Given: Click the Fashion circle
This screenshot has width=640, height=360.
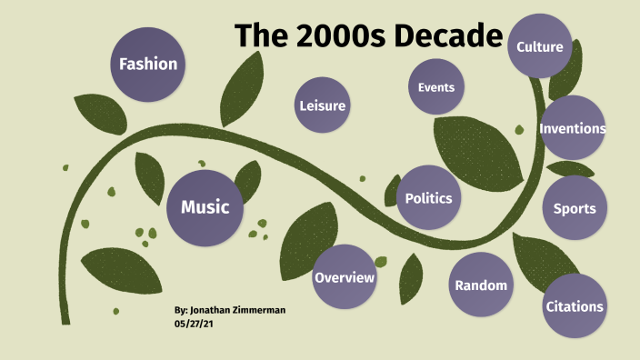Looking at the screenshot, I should click(x=148, y=65).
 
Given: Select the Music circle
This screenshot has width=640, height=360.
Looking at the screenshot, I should click(x=205, y=207).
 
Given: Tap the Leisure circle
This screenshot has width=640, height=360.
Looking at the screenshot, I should click(x=323, y=106).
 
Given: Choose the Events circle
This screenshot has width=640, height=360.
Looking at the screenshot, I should click(x=436, y=87).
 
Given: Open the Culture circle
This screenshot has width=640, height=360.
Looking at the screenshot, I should click(x=540, y=47).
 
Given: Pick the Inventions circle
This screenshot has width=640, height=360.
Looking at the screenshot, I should click(x=573, y=128).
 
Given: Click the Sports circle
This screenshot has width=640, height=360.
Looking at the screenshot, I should click(x=575, y=208).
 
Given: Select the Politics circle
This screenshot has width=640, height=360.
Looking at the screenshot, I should click(x=428, y=197).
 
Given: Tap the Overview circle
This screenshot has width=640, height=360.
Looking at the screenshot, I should click(x=345, y=277).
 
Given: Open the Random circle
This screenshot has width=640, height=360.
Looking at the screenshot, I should click(x=481, y=285).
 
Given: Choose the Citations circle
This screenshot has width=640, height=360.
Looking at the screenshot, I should click(x=575, y=306).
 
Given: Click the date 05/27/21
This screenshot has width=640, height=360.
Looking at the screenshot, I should click(x=194, y=323).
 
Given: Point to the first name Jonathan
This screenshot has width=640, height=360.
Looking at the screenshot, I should click(x=216, y=310).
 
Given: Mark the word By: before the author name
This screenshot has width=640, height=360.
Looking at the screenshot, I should click(x=182, y=310).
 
